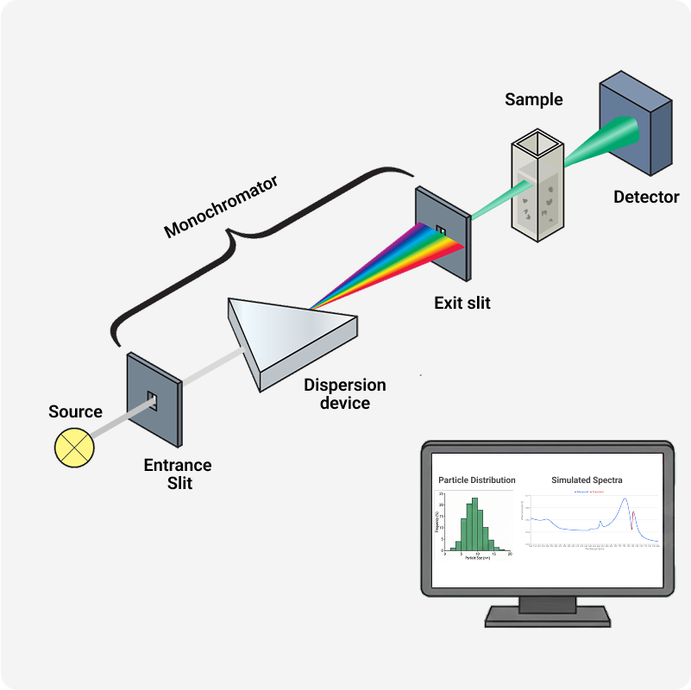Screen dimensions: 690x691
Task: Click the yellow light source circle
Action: tap(72, 446)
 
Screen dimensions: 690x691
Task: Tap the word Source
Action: tap(75, 412)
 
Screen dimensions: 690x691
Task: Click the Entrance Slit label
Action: tap(177, 474)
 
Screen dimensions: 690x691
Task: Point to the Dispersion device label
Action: tap(344, 393)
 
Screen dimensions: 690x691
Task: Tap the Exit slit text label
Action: tap(462, 303)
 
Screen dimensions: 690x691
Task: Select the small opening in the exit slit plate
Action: tap(441, 231)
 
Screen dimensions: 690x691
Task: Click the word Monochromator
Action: tap(222, 207)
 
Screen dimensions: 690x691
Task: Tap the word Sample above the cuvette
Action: tap(533, 100)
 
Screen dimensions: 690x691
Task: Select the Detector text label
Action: tap(646, 198)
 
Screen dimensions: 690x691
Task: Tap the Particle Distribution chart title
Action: tap(476, 480)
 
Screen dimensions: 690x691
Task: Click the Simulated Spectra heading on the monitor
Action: tap(587, 480)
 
